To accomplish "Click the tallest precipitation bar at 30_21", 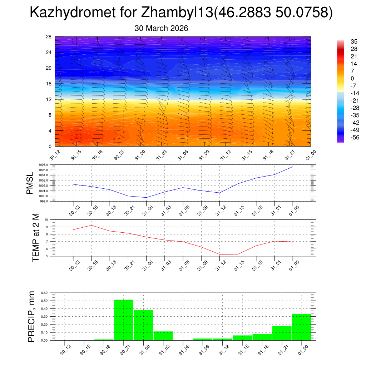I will tap(124, 320).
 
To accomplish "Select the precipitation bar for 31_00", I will tap(143, 325).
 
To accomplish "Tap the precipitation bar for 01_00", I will tap(301, 327).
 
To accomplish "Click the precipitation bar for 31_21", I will tap(282, 333).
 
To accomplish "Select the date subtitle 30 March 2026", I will tap(161, 28).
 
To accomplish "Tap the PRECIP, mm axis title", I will tap(32, 316).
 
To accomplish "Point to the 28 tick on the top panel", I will tap(49, 37).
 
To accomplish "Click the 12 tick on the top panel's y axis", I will tap(49, 99).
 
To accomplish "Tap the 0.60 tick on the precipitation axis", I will tap(44, 293).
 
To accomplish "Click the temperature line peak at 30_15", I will tap(91, 225).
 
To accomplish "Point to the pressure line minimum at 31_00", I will tap(146, 197).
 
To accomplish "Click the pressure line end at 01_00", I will tap(293, 167).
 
